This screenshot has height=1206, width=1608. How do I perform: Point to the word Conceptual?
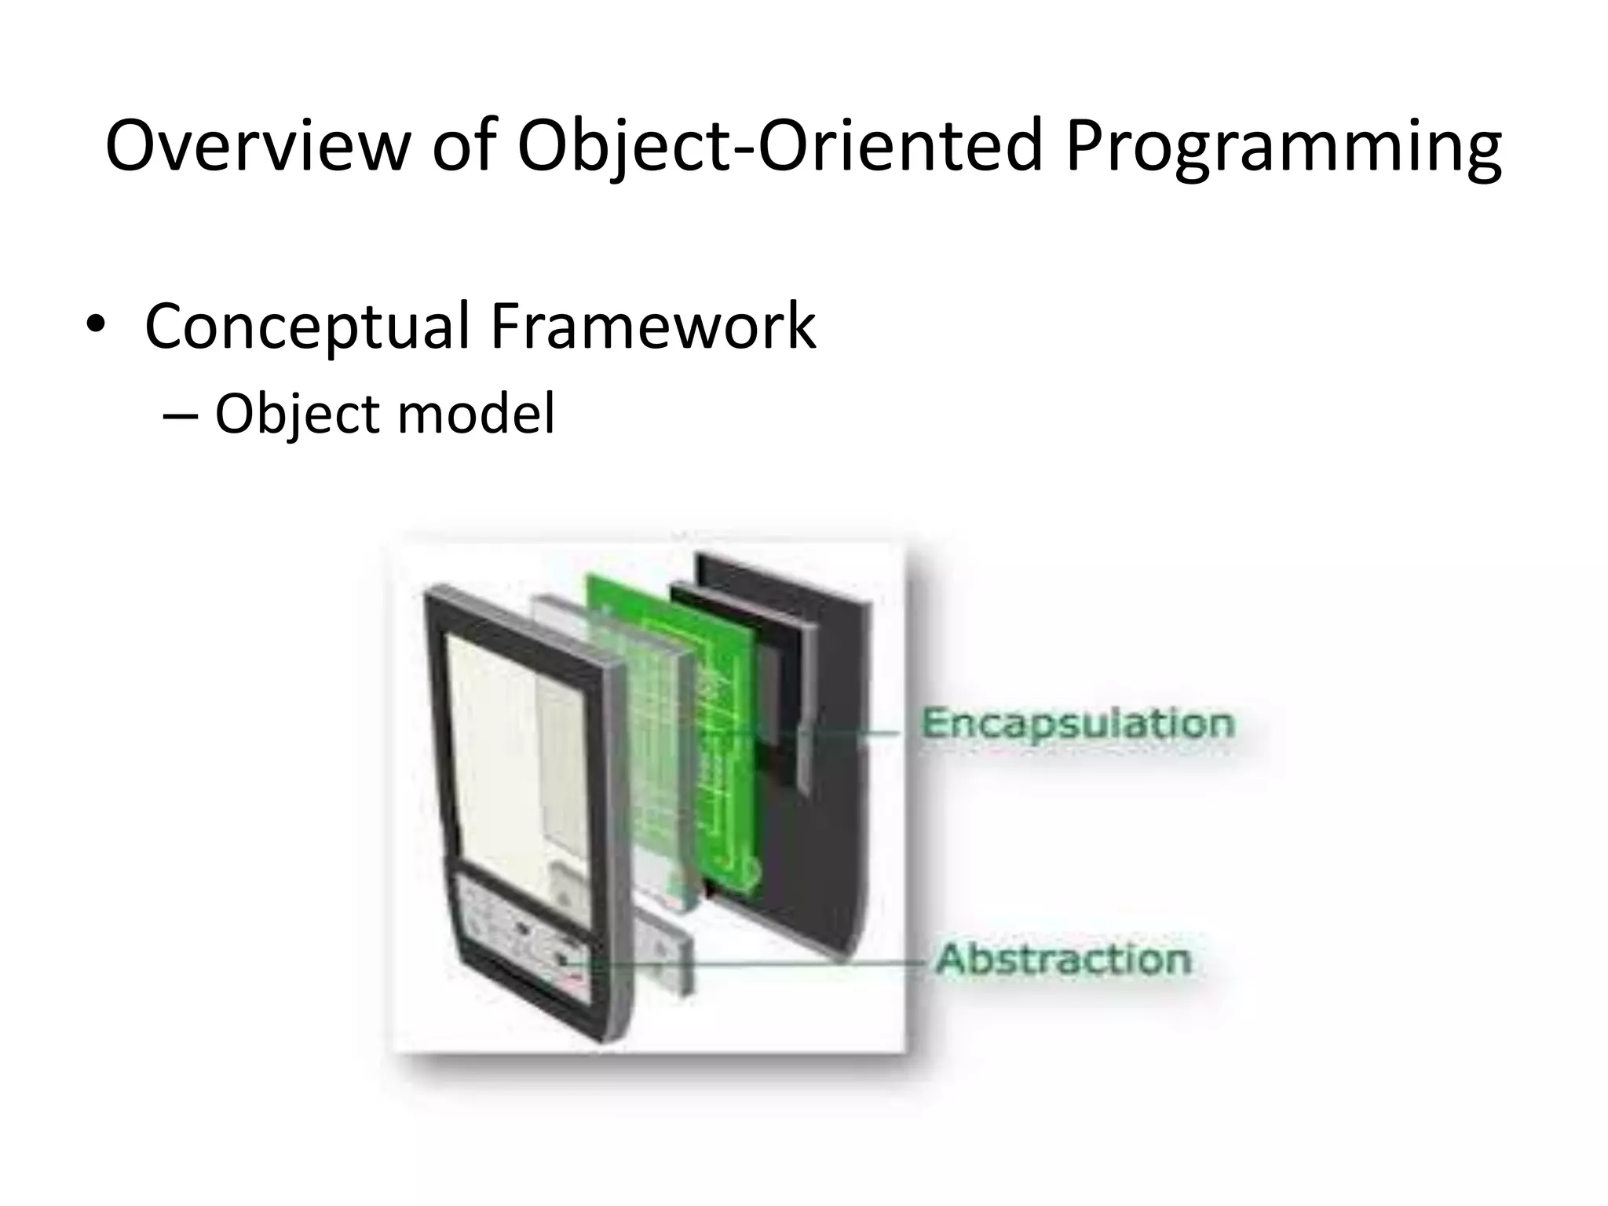tap(307, 327)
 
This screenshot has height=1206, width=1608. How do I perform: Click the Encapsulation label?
tap(1076, 723)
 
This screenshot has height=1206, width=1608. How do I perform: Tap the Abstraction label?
tap(1063, 959)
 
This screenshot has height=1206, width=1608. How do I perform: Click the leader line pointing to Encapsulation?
tap(864, 733)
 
